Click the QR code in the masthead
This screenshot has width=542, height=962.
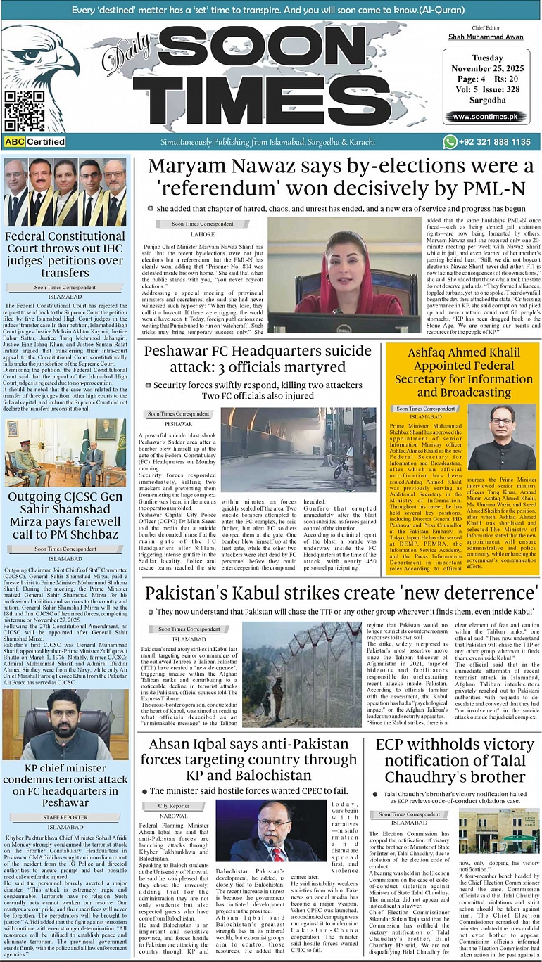(x=25, y=110)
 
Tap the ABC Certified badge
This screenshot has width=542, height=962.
(x=34, y=141)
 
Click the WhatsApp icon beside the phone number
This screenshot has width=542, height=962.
(x=450, y=142)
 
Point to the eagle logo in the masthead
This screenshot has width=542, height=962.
(x=41, y=63)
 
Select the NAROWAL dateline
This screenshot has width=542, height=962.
(x=172, y=815)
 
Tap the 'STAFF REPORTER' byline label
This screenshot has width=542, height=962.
(x=65, y=817)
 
